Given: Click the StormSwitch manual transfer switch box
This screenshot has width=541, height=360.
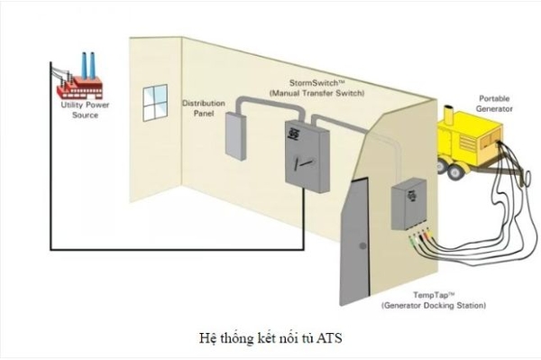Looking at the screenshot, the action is pyautogui.click(x=306, y=153).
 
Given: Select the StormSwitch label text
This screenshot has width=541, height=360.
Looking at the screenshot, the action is pyautogui.click(x=310, y=81).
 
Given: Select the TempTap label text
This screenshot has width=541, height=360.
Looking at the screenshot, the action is pyautogui.click(x=424, y=296).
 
